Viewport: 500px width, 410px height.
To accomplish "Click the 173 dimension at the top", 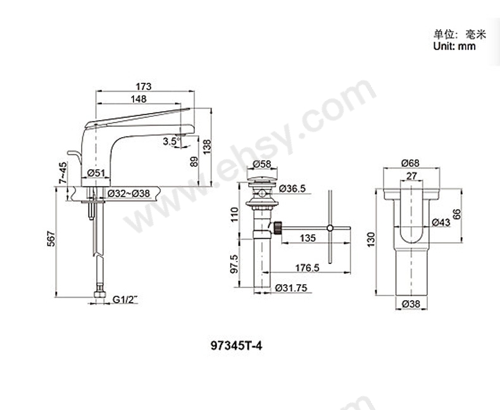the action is coord(143,86).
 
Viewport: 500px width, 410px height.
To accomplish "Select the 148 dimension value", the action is coord(139,99).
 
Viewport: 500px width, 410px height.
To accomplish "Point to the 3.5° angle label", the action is coord(170,142).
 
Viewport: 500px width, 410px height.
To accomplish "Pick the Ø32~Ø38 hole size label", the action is coord(128,193).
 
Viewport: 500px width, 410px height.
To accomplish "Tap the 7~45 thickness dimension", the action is coord(61,174).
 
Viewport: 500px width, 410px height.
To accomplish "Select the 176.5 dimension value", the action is coord(306,268).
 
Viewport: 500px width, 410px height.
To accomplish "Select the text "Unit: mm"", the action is coord(454,47).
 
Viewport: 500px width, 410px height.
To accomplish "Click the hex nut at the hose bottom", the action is coord(98,296).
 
